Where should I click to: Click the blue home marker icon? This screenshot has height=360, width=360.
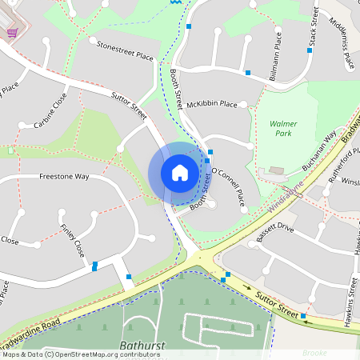coord(180,173)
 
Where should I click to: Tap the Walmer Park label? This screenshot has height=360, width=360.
coord(283,130)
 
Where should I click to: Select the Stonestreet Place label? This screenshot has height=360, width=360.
coord(124,52)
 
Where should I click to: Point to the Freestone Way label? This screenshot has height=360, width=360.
coord(63,176)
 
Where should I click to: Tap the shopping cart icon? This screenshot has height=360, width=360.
coord(12,32)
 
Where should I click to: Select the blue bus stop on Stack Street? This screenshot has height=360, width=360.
coord(310,50)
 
